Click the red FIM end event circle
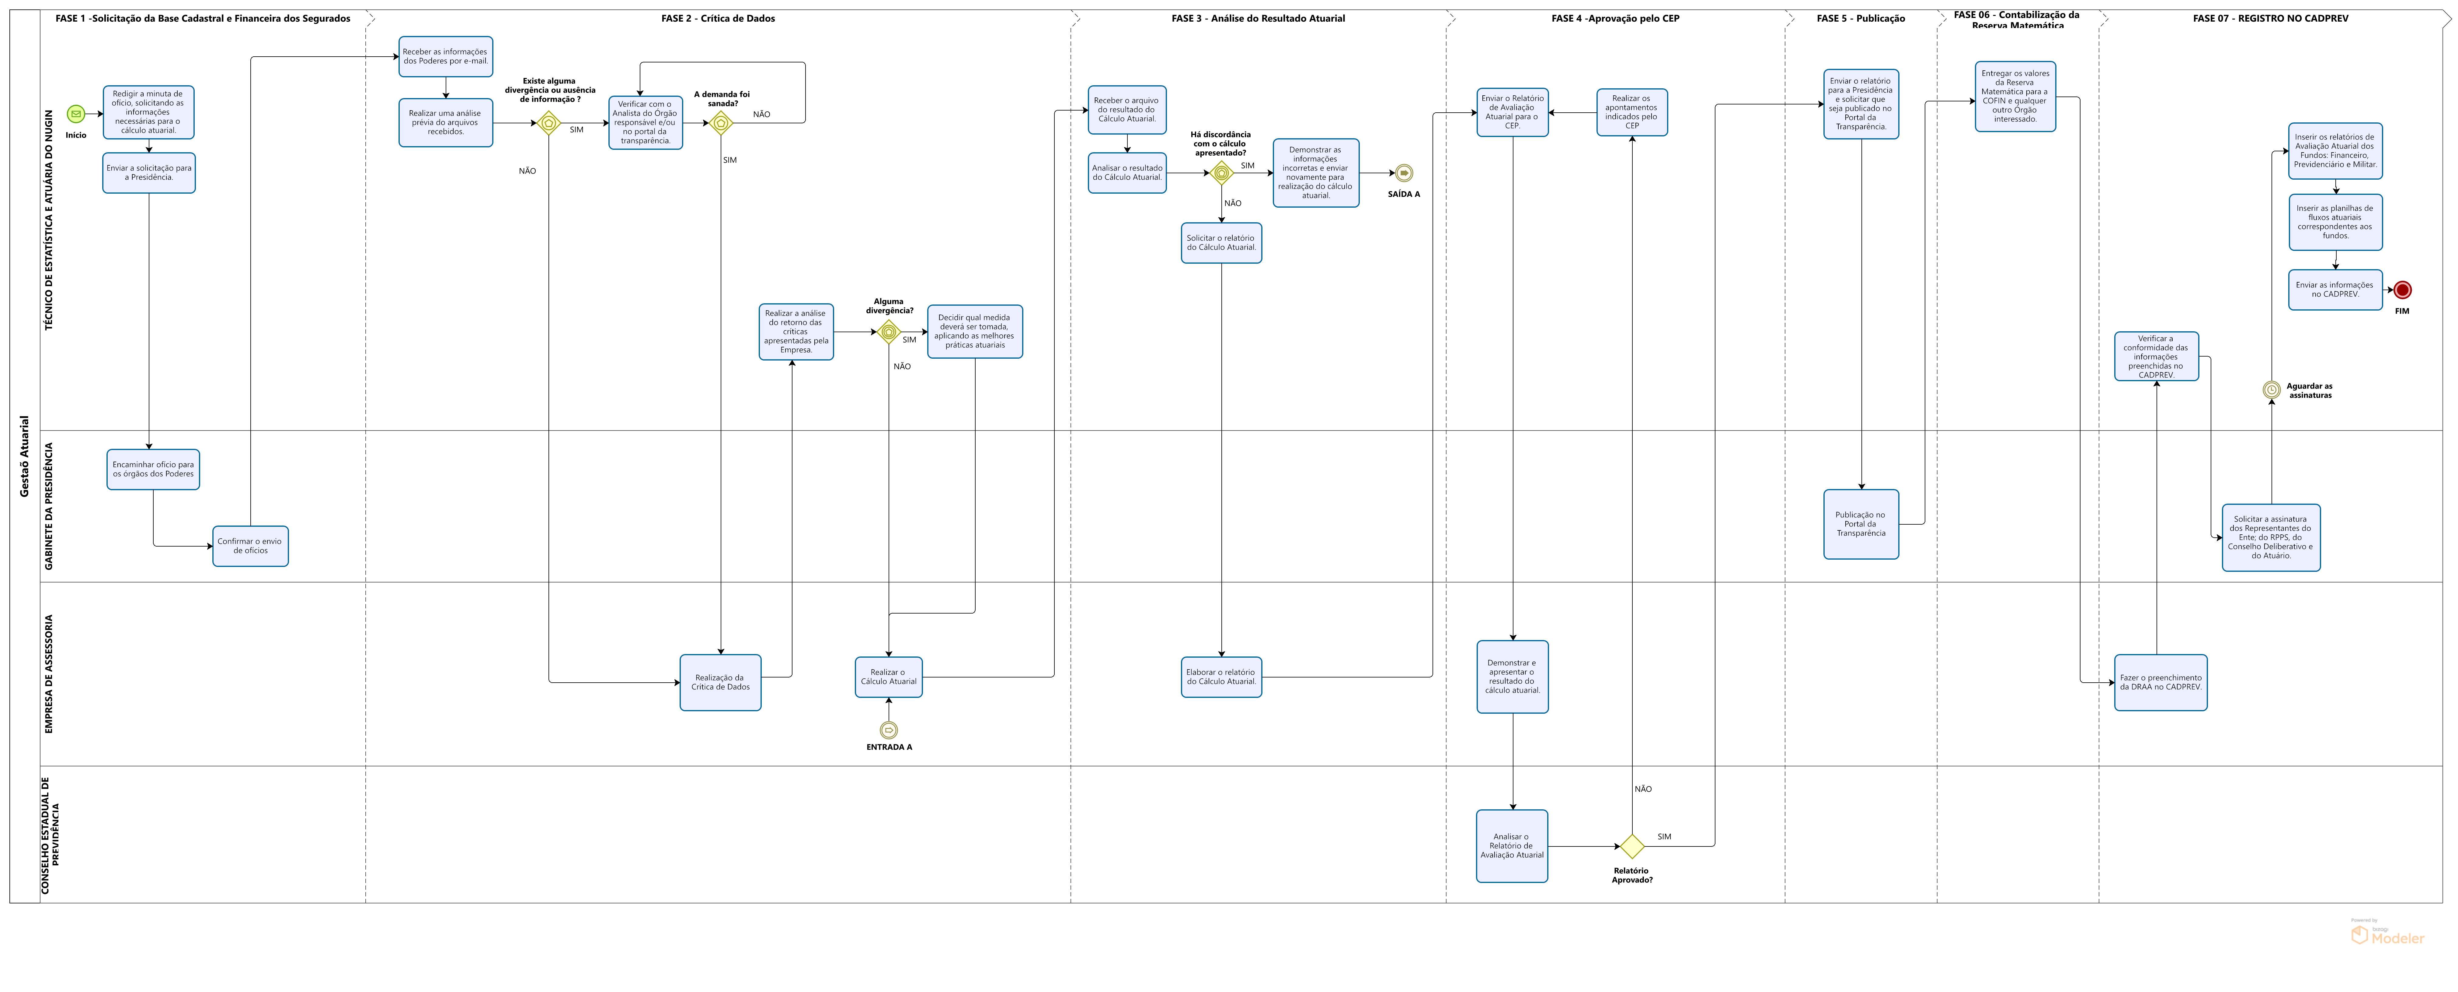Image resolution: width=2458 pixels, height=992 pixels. click(2403, 290)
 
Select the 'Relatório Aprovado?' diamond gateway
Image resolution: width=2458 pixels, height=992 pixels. click(1632, 846)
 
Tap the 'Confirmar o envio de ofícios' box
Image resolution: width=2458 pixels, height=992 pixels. click(250, 546)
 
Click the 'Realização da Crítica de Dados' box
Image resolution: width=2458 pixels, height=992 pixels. click(720, 683)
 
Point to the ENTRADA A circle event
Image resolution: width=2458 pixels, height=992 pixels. click(888, 730)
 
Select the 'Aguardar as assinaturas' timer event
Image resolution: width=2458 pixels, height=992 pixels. click(2272, 389)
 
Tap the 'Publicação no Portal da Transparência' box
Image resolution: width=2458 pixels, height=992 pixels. click(1861, 524)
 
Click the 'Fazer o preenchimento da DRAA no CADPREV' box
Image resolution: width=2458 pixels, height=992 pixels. click(2160, 683)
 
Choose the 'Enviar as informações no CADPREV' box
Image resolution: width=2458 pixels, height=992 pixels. click(2335, 289)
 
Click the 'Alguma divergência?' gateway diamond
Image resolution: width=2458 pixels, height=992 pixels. click(888, 332)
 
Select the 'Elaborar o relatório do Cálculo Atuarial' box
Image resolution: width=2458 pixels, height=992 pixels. click(1221, 677)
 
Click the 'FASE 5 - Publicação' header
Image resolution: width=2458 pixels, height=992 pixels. click(1861, 18)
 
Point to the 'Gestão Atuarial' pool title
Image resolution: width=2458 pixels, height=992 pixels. click(25, 456)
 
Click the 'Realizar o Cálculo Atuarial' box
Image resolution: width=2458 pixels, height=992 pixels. click(888, 677)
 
